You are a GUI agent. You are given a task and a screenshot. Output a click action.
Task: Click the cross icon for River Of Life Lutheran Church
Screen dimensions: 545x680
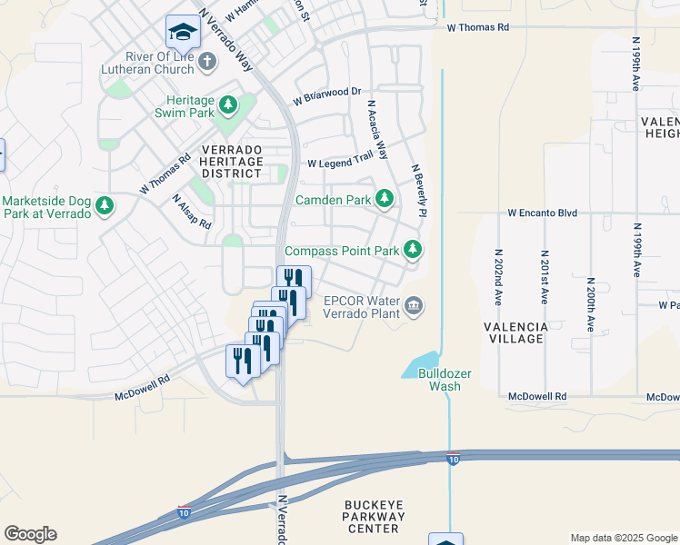point(207,62)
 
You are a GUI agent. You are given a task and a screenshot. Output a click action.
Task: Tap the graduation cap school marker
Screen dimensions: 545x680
point(183,32)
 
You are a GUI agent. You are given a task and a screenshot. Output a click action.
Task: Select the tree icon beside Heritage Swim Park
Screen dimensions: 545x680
point(226,106)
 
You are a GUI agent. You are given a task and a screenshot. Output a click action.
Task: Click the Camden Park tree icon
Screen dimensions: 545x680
point(385,198)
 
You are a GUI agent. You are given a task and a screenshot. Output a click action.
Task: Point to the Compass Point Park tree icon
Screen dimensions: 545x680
point(413,249)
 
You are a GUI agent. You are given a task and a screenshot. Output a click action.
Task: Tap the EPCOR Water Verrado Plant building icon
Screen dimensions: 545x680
point(414,304)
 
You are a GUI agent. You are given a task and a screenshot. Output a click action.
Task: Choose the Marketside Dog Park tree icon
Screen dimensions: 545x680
point(105,206)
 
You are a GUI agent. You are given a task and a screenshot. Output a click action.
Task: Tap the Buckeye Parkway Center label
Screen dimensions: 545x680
point(373,516)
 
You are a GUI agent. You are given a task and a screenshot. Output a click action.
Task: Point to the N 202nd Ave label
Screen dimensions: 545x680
point(498,276)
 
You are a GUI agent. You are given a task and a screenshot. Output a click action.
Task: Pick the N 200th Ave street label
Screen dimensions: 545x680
point(591,304)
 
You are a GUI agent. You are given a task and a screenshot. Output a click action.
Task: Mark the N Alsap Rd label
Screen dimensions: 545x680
point(191,211)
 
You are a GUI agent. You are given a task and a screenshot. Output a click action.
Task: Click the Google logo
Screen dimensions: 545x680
point(30,534)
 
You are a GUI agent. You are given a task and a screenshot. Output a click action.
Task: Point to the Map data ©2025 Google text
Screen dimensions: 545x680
point(623,538)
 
